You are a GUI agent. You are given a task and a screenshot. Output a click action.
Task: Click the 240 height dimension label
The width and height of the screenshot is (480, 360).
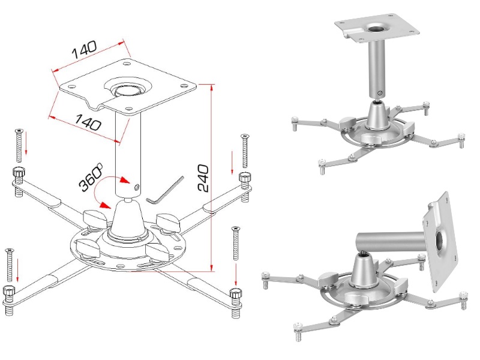[x=203, y=178]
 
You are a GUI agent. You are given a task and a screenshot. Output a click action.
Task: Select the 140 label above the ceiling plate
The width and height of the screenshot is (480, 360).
[x=85, y=50]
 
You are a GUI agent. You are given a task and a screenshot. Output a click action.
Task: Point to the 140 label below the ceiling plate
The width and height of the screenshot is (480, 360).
[x=88, y=122]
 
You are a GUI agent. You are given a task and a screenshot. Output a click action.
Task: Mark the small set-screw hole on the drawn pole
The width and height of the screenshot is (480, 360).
[x=137, y=187]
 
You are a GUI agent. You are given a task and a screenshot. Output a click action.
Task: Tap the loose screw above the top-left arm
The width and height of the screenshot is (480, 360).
[x=19, y=146]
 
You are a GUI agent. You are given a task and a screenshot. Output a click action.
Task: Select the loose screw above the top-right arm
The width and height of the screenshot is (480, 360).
[x=245, y=151]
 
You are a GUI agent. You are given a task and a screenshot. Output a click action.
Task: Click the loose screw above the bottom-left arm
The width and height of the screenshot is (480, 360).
[x=10, y=265]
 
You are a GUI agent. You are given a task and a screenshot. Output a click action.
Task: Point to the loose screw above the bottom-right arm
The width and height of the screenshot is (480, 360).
[x=235, y=244]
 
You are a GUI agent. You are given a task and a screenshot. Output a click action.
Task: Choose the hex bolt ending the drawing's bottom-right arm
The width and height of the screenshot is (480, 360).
[x=236, y=303]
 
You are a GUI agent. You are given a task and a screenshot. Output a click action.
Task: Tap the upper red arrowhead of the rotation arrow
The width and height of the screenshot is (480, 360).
[x=124, y=180]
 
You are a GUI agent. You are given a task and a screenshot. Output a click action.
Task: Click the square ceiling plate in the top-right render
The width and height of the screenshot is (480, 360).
[x=377, y=28]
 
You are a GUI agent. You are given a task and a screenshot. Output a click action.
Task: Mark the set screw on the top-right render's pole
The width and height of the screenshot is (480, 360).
[x=380, y=93]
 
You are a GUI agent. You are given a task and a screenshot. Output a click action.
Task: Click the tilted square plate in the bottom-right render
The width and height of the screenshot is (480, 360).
[x=441, y=242]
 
